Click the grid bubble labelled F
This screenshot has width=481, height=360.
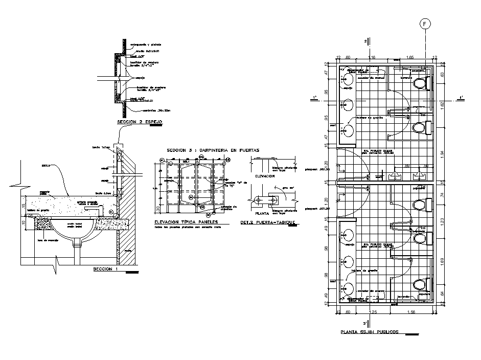425,24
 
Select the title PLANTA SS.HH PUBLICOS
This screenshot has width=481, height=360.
371,332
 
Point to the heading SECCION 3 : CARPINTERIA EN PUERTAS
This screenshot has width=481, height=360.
213,150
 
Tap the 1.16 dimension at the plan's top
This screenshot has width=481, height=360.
371,57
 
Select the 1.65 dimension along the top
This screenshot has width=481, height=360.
410,57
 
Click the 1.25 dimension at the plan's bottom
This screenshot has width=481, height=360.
373,311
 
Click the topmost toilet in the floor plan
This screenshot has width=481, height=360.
421,82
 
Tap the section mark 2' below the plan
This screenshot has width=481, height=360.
364,323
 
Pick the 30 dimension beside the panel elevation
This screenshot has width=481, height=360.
158,208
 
